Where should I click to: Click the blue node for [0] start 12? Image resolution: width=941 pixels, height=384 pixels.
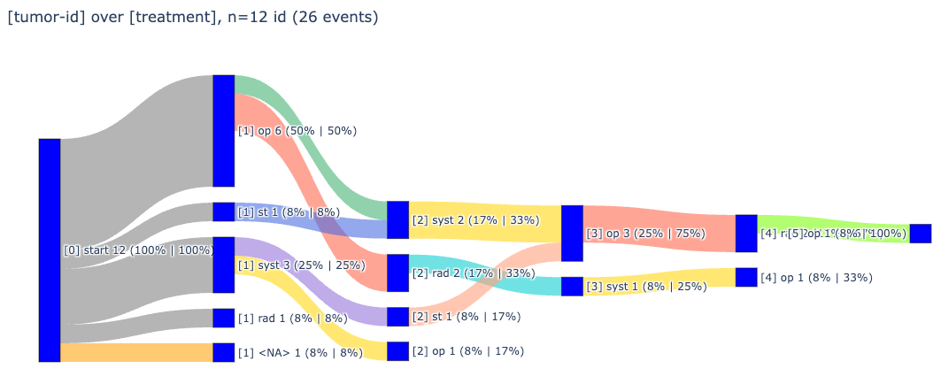[50, 250]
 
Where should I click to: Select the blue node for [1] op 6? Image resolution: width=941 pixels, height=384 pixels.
[224, 131]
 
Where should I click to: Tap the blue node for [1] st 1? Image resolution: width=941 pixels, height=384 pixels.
[224, 212]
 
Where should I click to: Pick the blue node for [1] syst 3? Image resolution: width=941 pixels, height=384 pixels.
[224, 265]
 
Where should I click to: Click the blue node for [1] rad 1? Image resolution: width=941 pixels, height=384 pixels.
[224, 318]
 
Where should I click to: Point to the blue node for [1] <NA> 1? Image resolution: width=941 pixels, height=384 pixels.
[224, 352]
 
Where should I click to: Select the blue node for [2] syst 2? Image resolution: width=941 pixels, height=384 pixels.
[397, 220]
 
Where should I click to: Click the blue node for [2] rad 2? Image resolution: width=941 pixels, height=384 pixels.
[397, 273]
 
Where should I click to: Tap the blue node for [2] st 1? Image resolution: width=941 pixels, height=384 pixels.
[397, 317]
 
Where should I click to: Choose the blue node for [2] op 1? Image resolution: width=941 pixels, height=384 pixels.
[397, 351]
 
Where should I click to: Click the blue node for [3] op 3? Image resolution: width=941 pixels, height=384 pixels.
[572, 234]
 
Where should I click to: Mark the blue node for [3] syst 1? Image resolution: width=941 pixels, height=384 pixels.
[572, 287]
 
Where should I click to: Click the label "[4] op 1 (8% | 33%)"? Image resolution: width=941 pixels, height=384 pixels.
[816, 278]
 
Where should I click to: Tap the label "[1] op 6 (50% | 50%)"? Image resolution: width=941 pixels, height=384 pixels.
[297, 131]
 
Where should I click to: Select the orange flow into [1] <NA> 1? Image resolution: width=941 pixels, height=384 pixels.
[136, 352]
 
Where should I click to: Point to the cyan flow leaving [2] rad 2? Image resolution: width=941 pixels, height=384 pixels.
[487, 270]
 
